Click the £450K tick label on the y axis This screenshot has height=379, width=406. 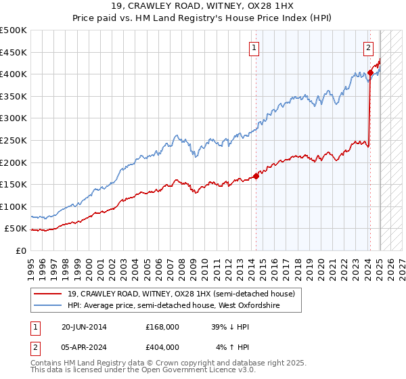coord(14,52)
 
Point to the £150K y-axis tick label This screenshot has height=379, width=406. coord(14,184)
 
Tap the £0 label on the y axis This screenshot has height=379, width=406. coord(21,250)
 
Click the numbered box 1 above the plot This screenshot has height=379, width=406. coord(254,47)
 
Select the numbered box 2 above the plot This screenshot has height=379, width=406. coord(368,47)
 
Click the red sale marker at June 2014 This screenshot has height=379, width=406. coord(256,176)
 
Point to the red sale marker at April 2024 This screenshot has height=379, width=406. coord(371,72)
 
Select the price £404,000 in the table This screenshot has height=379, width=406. coord(162,347)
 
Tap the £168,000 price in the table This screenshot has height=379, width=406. coord(162,327)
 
